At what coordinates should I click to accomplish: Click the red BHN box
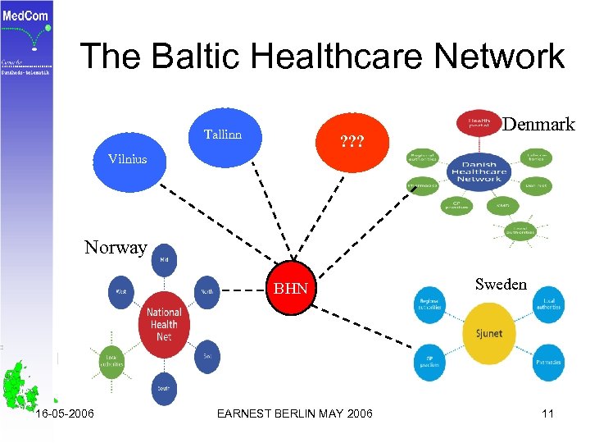coord(290,289)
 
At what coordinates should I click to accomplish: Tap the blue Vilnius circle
coord(129,159)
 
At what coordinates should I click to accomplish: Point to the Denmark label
coord(538,125)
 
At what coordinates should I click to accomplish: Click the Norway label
coord(116,247)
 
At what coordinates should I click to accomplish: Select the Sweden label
coord(501,284)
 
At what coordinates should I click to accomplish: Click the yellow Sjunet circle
coord(489,334)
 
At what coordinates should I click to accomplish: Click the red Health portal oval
coord(479,123)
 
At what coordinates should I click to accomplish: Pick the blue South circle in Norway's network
coord(164,388)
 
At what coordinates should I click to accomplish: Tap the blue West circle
coord(121,291)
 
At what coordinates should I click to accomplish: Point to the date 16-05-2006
coord(65,413)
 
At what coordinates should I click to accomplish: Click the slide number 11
coord(547,413)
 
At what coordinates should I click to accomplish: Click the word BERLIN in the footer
coord(297,413)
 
